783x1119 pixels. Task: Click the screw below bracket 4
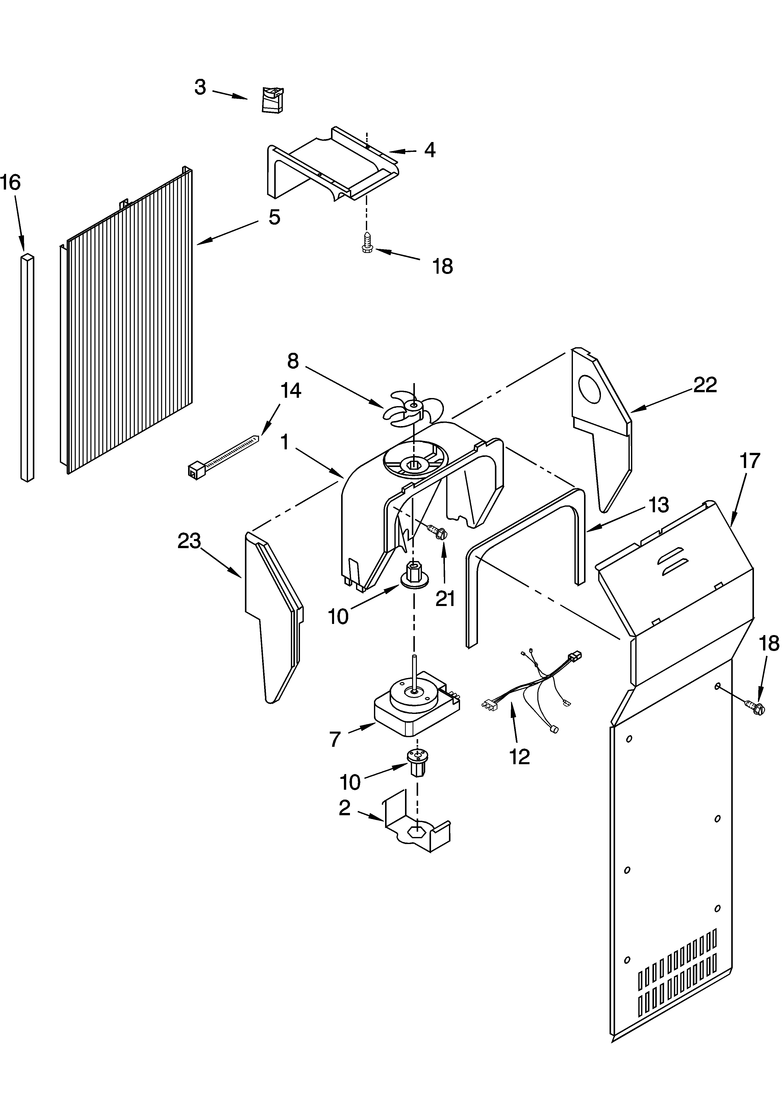tap(368, 242)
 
